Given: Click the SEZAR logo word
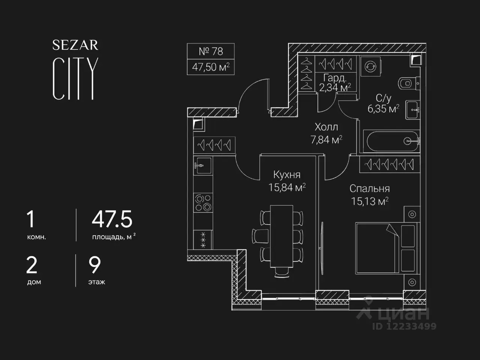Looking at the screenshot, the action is pos(75,45).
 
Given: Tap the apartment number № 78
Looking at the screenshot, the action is pos(211,51).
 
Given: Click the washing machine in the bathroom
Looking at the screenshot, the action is pos(370,66).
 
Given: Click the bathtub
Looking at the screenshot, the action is pos(391,141).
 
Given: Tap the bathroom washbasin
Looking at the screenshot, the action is pos(412,110).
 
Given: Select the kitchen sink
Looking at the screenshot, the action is pos(203,165).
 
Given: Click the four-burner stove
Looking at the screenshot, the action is pos(203,202).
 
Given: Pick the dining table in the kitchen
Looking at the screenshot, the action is pos(282,236).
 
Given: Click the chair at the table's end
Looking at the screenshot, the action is pos(282,273).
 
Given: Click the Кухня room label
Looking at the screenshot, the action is pos(287,175).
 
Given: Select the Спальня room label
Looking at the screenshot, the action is pos(370,189).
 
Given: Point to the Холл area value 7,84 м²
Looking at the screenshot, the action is pos(326,140).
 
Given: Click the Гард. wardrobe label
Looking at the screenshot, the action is pos(335,78).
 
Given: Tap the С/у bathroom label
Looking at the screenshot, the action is pos(383,98).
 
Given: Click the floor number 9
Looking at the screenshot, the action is pos(94,265).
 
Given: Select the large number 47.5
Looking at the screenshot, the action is pos(112,219).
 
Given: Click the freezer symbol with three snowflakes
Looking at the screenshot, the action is pos(203,240).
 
